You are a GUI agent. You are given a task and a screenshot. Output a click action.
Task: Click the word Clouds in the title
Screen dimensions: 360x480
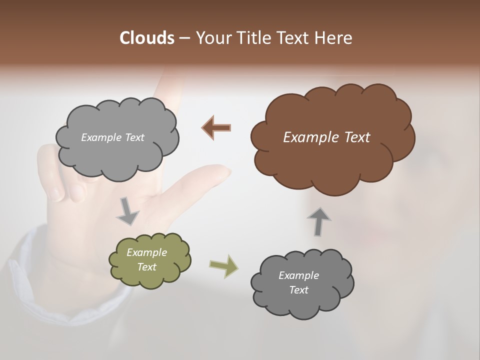[146, 38]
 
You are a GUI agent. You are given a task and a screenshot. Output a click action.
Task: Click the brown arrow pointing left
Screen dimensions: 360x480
[216, 127]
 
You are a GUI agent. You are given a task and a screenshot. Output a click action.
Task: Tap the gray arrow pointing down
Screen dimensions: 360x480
[128, 211]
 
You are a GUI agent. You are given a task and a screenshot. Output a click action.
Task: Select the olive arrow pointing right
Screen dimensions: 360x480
[224, 265]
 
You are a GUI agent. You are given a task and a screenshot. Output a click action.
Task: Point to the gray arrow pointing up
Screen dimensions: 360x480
[319, 220]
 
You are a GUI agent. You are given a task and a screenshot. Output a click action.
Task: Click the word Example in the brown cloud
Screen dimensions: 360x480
[308, 137]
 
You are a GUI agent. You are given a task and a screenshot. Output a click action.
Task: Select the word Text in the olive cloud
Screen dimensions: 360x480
[146, 267]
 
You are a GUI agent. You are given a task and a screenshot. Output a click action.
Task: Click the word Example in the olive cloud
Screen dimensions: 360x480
[146, 252]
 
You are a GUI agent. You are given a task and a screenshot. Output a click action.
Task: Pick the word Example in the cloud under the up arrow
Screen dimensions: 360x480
[298, 275]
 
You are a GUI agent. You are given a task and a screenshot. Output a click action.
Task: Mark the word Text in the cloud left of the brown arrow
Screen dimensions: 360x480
[134, 137]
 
